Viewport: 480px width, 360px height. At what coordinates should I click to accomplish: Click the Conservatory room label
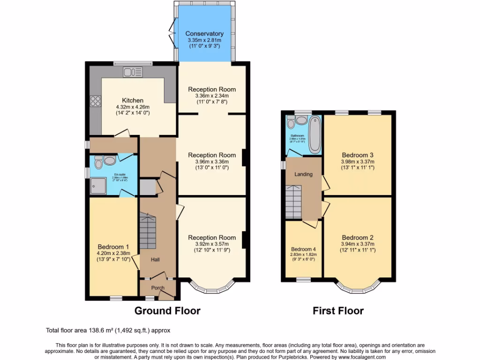pos(204,34)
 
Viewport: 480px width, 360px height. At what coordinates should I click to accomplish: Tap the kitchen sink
pos(132,72)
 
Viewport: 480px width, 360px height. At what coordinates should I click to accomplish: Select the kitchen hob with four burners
pos(96,102)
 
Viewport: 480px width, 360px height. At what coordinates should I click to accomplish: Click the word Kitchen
pos(133,100)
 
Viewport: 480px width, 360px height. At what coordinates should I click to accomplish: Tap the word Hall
pos(156,259)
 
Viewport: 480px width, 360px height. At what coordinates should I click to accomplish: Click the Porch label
pos(157,288)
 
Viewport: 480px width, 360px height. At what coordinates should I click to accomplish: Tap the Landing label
pos(303,174)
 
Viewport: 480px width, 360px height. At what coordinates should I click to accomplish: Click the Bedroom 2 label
pos(357,237)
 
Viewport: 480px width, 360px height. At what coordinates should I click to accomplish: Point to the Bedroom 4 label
pos(303,249)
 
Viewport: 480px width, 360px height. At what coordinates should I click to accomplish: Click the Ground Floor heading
pos(167,311)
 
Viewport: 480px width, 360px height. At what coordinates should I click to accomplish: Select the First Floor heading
pos(338,311)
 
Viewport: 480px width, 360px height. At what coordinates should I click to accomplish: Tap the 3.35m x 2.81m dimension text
pos(204,41)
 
